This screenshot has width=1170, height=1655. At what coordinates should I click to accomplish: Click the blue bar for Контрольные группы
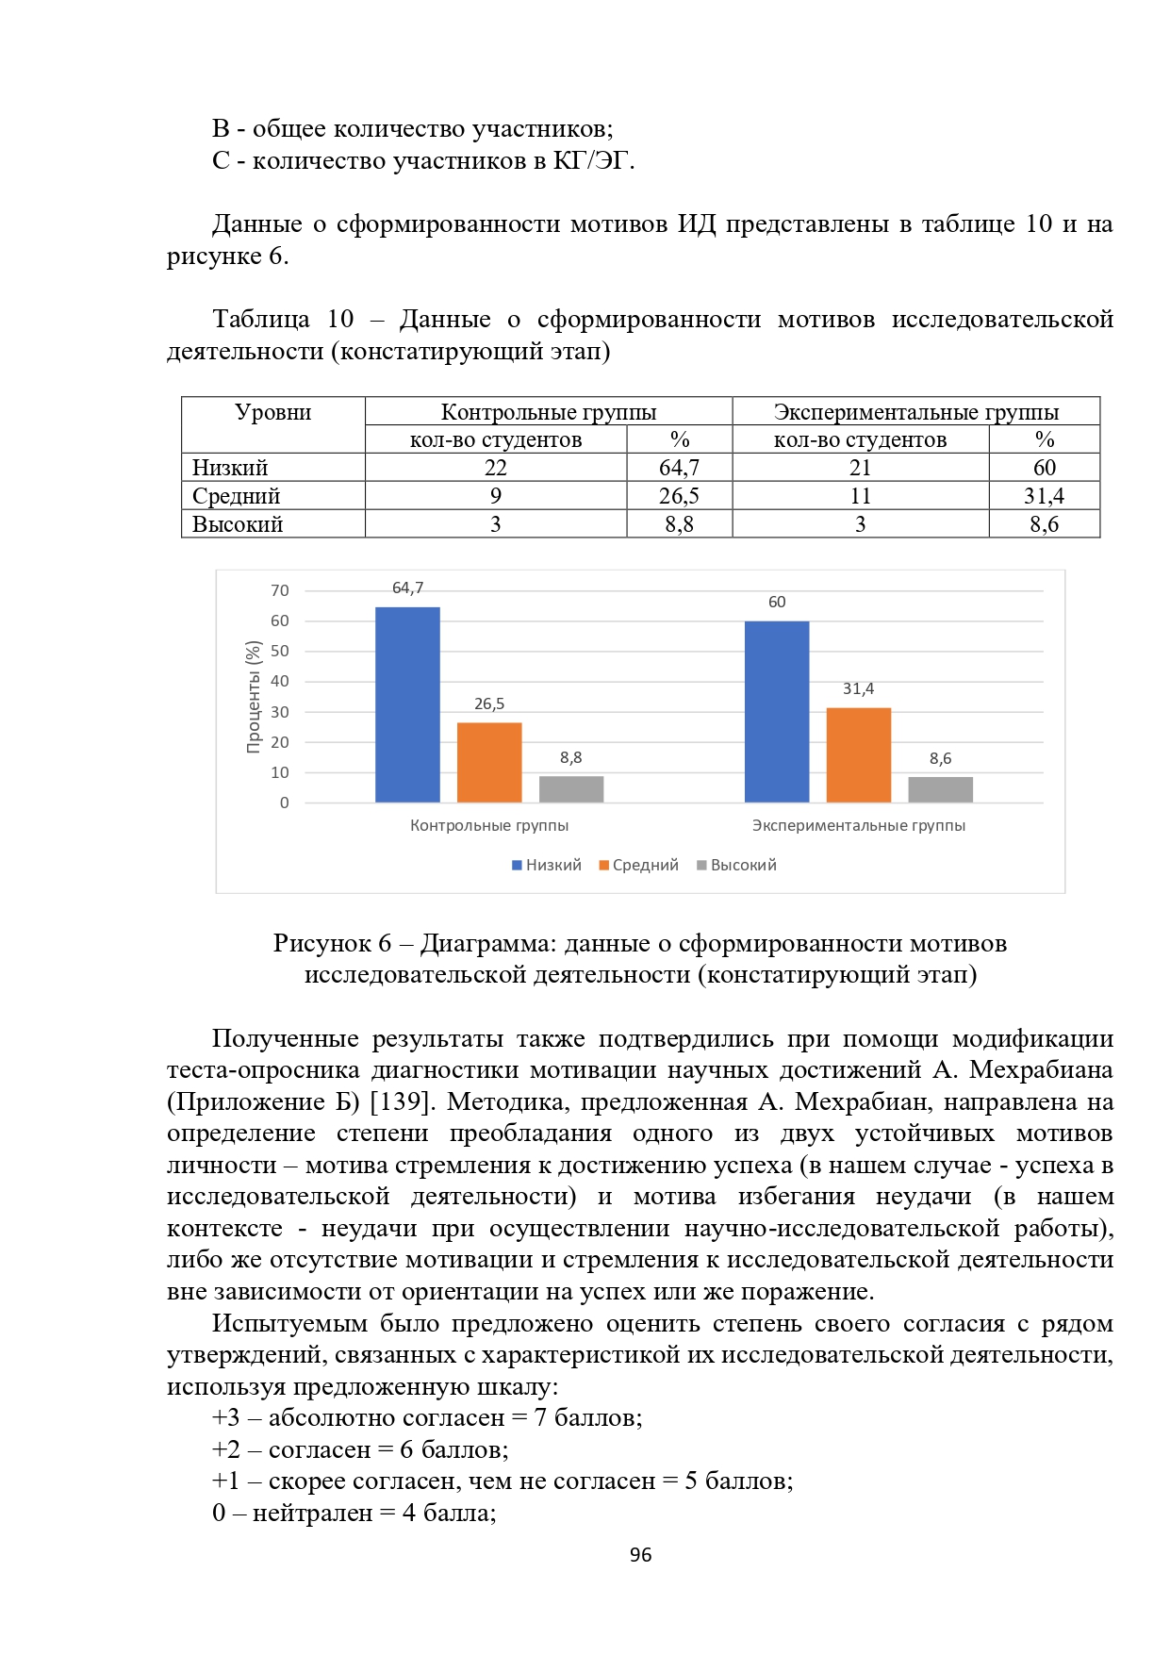407,704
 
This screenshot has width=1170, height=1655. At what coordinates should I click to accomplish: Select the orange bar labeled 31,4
858,754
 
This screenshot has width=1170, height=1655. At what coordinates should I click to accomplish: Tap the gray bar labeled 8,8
571,789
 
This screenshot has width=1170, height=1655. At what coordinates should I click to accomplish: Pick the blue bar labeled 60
776,712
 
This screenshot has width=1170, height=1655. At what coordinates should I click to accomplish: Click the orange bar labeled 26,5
489,762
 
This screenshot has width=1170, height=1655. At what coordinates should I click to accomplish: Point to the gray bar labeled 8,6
940,789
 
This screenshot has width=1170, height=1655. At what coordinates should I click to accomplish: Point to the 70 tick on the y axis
280,591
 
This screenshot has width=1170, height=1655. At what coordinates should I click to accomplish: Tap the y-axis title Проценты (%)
253,697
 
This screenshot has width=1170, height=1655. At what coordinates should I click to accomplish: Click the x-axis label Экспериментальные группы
858,825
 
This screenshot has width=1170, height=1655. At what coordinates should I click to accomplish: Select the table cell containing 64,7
679,468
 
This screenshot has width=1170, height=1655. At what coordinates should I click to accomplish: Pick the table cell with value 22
496,468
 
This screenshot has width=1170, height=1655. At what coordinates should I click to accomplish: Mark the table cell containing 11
860,496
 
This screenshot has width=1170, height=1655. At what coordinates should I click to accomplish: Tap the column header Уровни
272,412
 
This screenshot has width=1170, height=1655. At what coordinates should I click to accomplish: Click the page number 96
640,1555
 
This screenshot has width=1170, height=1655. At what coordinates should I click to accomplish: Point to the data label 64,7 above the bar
407,588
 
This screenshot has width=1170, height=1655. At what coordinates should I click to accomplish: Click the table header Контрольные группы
548,412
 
